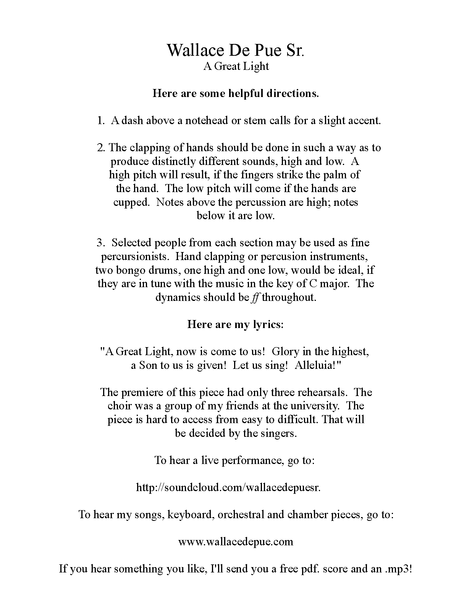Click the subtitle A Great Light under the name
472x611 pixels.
236,66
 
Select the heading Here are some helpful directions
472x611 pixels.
236,94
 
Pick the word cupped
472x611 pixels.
131,202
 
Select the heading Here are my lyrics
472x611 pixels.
236,324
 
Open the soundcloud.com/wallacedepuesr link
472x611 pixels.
228,487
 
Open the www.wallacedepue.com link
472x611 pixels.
236,541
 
